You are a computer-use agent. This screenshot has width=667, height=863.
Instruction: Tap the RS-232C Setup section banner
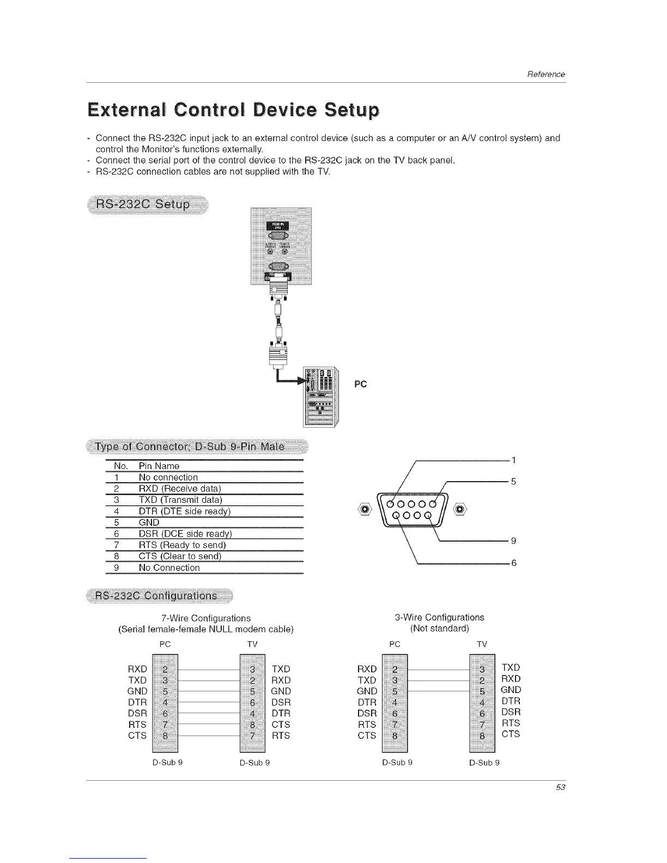143,204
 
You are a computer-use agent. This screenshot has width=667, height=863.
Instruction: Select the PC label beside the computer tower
360,384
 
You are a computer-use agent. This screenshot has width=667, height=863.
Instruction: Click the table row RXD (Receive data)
180,489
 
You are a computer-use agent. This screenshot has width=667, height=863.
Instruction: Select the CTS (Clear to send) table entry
180,556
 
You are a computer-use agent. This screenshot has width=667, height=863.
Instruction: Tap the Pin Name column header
159,466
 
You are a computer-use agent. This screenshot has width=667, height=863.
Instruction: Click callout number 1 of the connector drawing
513,460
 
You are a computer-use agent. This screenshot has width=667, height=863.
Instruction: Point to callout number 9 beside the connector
513,541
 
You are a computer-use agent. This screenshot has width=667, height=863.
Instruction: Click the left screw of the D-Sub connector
366,509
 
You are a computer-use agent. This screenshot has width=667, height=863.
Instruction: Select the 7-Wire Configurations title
206,618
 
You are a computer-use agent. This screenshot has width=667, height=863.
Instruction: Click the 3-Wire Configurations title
439,617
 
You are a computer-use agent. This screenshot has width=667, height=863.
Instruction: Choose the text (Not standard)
439,628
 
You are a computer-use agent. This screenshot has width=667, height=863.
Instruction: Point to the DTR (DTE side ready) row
185,511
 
